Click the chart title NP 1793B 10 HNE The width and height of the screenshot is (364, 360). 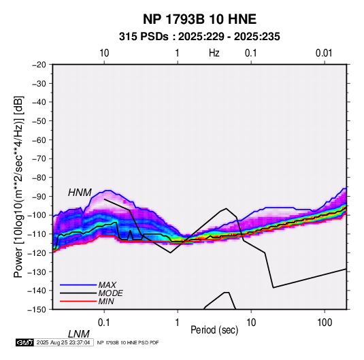199,19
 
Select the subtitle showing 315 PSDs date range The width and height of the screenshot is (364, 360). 199,37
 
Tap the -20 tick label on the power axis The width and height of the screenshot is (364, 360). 39,65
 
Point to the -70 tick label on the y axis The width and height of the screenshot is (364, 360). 39,159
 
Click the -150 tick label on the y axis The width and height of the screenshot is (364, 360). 37,310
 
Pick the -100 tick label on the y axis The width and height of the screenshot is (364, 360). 37,215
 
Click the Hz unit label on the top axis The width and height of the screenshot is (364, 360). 214,53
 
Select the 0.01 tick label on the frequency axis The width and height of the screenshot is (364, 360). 324,53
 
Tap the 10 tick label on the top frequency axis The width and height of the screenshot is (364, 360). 104,53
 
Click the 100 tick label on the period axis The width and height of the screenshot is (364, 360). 325,323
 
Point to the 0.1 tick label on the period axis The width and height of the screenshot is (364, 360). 104,323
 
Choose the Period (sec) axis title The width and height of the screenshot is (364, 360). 214,329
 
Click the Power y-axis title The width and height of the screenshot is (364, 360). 18,186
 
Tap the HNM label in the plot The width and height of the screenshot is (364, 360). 80,193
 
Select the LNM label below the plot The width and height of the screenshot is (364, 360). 78,334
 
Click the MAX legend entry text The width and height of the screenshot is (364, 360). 107,284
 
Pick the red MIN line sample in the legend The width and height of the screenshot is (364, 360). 78,301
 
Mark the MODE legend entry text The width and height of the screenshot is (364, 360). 110,293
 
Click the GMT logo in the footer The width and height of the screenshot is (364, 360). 25,342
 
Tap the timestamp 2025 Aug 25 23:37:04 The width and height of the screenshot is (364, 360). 63,342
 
